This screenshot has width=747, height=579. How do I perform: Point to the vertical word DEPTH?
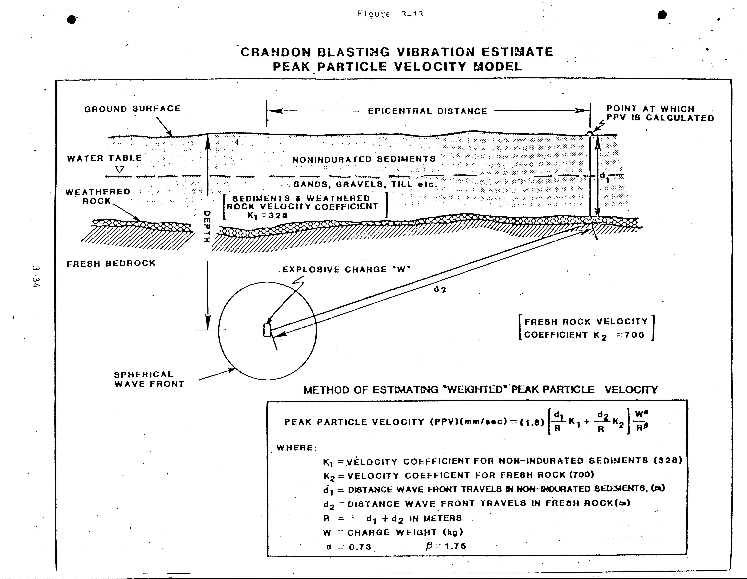pyautogui.click(x=207, y=226)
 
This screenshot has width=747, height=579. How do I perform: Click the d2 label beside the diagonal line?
pyautogui.click(x=440, y=289)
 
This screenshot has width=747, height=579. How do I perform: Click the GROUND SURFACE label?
pyautogui.click(x=132, y=109)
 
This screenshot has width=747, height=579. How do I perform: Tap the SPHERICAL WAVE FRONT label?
pyautogui.click(x=149, y=379)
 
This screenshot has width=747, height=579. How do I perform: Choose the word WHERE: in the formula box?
pyautogui.click(x=297, y=448)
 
